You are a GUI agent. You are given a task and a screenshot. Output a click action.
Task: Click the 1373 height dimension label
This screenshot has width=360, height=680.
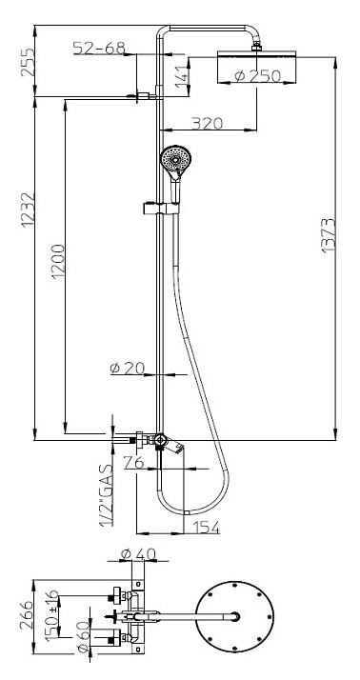tap(329, 235)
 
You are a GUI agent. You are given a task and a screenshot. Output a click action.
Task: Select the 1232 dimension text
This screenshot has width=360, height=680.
tap(28, 210)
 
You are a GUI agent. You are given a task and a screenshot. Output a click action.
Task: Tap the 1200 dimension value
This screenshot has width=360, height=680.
tap(57, 261)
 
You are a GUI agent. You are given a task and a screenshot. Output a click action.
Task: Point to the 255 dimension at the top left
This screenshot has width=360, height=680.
tap(28, 62)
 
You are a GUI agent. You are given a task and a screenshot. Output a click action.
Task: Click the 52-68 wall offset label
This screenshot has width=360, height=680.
tap(99, 48)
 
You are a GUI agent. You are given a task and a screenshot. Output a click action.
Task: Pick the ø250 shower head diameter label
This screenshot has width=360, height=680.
tap(258, 76)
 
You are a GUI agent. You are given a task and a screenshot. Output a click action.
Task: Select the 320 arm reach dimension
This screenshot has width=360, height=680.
tap(208, 123)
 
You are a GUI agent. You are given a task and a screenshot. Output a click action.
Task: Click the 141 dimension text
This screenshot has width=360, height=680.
tap(183, 78)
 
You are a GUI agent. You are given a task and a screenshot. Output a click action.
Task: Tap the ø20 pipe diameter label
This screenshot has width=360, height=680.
tap(127, 368)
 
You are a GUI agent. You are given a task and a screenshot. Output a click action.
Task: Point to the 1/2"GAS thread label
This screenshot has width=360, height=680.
tap(107, 495)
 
